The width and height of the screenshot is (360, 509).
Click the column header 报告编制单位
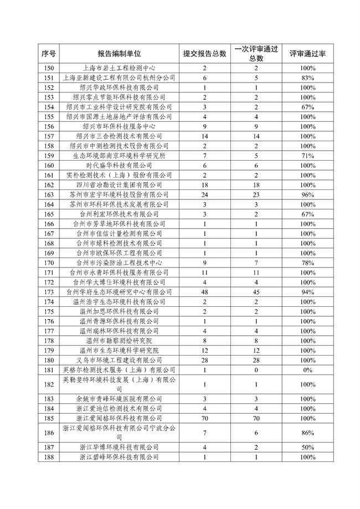[119, 53]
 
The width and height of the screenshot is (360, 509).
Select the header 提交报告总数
[204, 53]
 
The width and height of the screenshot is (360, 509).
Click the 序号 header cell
[49, 53]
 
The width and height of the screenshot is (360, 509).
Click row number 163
[49, 194]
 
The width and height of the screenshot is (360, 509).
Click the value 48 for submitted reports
[204, 291]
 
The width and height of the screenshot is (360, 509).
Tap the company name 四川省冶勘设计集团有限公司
[119, 184]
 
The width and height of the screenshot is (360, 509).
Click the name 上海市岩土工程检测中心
[119, 68]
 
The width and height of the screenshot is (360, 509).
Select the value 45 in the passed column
[256, 291]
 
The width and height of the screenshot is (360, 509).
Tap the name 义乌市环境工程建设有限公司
[119, 360]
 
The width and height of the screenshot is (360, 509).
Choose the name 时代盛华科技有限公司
[119, 165]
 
